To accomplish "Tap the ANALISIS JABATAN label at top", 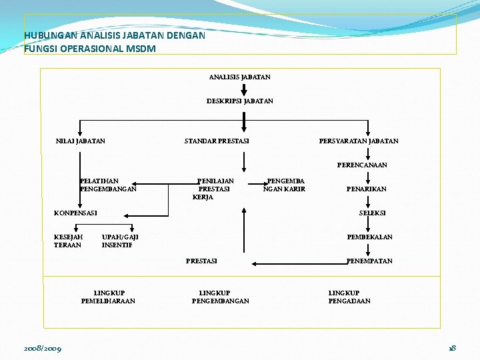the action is [x=239, y=77].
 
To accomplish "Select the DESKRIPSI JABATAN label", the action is [x=239, y=101].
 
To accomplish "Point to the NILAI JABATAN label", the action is [x=80, y=141].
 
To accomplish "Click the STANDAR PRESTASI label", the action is [x=217, y=141].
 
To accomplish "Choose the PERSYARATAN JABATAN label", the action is [x=359, y=141].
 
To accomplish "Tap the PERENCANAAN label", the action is [x=362, y=165].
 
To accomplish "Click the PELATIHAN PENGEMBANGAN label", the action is [x=107, y=185].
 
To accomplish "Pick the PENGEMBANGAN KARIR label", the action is [x=285, y=185].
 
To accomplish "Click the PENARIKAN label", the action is [x=366, y=189].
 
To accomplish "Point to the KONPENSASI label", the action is [x=75, y=213].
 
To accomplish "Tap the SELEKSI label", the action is [x=372, y=213].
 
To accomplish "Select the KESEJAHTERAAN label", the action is [x=68, y=241].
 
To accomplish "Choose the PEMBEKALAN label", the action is [x=369, y=237].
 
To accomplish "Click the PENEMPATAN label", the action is [x=369, y=261].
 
